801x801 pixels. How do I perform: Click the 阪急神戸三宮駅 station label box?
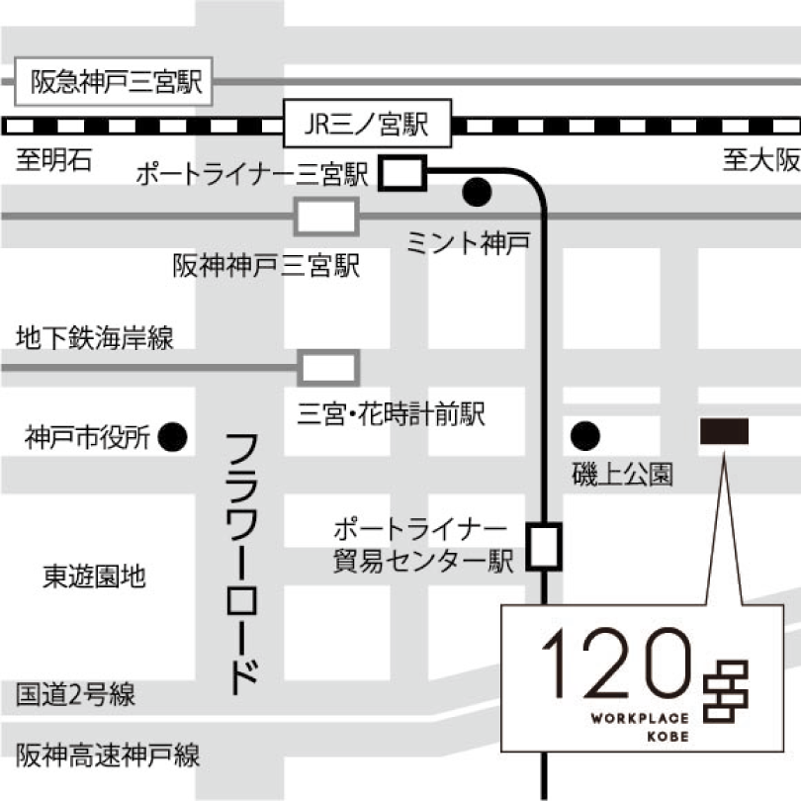pyautogui.click(x=116, y=81)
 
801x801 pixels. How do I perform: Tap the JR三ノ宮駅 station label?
pyautogui.click(x=366, y=126)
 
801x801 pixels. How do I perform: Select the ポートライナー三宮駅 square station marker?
pyautogui.click(x=401, y=174)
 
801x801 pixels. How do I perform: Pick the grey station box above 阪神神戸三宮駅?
pyautogui.click(x=326, y=216)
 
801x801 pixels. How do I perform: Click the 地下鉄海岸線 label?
pyautogui.click(x=95, y=339)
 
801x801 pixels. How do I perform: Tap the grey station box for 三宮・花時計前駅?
pyautogui.click(x=327, y=368)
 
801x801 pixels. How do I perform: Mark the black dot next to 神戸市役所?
pyautogui.click(x=174, y=435)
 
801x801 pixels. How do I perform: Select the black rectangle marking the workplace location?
pyautogui.click(x=724, y=431)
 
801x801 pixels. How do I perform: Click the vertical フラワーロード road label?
pyautogui.click(x=243, y=564)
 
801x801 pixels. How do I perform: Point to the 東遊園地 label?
pyautogui.click(x=95, y=577)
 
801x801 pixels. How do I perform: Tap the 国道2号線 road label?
pyautogui.click(x=75, y=695)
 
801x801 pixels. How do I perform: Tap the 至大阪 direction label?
pyautogui.click(x=758, y=160)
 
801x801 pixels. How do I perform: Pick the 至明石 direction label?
pyautogui.click(x=51, y=160)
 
